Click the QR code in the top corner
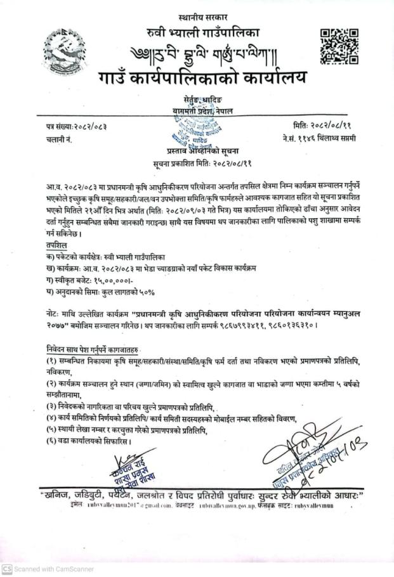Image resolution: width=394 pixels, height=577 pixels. [336, 46]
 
